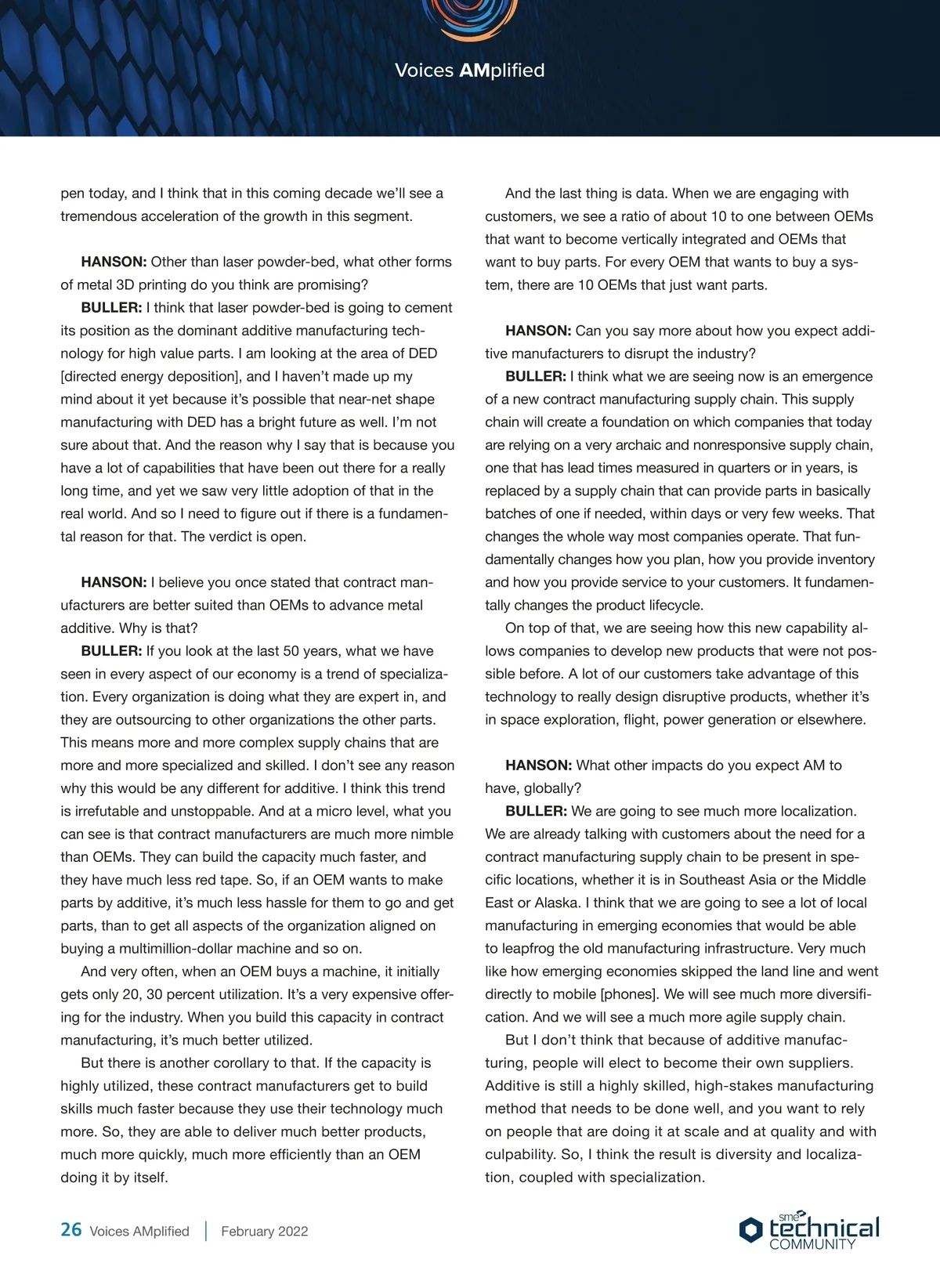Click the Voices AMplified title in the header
(x=469, y=71)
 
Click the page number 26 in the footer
(x=71, y=1229)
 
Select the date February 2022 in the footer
(x=265, y=1231)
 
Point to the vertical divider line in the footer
(x=206, y=1231)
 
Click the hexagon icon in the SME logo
(x=750, y=1229)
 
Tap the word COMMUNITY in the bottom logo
(x=812, y=1244)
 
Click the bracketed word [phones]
(x=631, y=994)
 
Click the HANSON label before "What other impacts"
(x=538, y=765)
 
